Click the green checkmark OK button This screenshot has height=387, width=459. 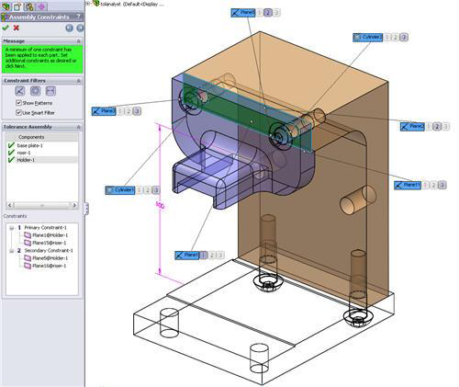click(6, 28)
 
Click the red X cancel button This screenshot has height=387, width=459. click(17, 28)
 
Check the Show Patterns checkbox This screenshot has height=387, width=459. click(19, 103)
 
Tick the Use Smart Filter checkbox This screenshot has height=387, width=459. click(19, 112)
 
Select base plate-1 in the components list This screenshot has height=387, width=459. click(29, 145)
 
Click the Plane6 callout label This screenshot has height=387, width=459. click(243, 13)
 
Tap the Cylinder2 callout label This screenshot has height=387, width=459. click(367, 37)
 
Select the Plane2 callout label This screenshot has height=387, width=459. click(411, 125)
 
